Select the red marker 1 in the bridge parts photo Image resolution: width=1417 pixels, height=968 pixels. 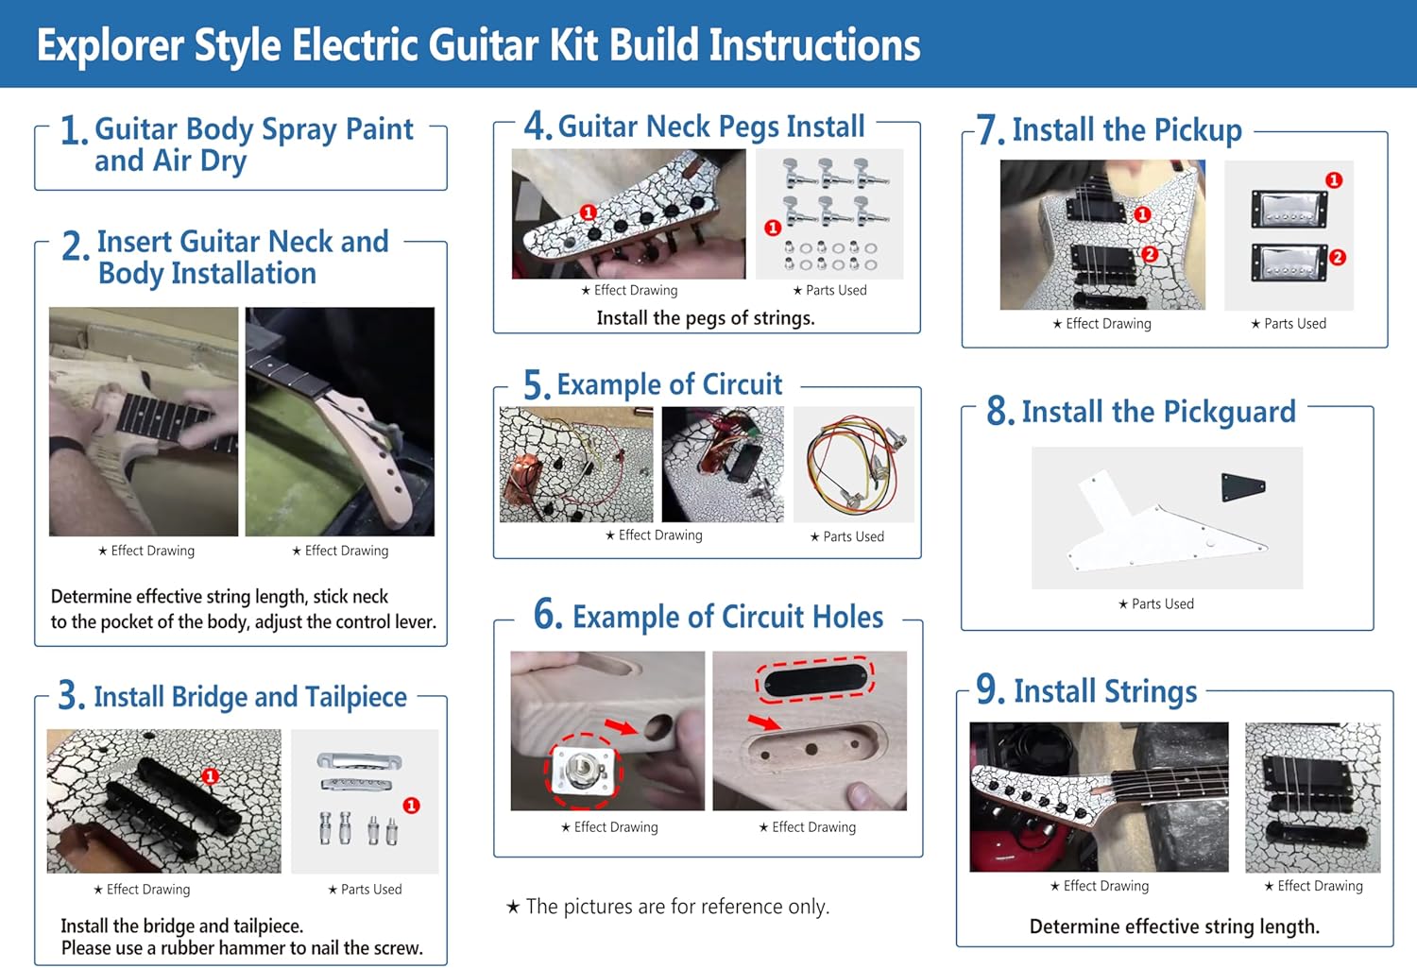click(x=411, y=806)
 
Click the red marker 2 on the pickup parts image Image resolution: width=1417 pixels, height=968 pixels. click(x=1337, y=257)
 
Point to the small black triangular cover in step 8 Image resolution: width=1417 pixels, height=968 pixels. click(x=1242, y=486)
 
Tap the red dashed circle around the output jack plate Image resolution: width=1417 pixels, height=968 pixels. click(x=584, y=771)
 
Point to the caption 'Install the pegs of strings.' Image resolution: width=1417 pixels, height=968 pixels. click(x=705, y=318)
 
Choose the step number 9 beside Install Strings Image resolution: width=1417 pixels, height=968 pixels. click(x=990, y=690)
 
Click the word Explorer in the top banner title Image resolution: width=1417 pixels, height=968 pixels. click(x=111, y=45)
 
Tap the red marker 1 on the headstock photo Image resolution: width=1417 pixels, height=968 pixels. click(x=588, y=212)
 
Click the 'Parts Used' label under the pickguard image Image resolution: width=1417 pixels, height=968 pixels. click(x=1162, y=604)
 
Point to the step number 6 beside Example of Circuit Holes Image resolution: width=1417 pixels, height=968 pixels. click(x=548, y=615)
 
